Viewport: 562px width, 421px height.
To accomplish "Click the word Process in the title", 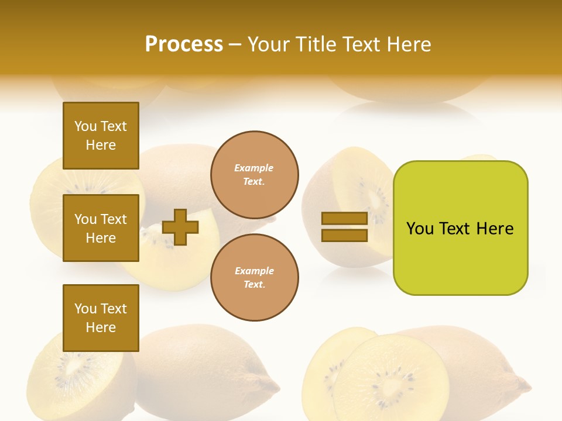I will (184, 44).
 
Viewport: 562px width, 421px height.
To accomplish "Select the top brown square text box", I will (101, 136).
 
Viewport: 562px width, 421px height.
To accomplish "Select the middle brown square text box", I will (101, 228).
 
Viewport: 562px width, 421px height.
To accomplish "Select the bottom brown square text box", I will (101, 318).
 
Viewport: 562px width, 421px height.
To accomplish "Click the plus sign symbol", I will (180, 227).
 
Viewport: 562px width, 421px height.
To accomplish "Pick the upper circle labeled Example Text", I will (254, 175).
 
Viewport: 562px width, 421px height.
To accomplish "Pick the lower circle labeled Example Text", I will (254, 278).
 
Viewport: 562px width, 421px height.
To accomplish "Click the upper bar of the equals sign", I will (344, 218).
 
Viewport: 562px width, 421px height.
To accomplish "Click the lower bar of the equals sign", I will (344, 235).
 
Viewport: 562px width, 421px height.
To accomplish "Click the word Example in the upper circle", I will (254, 168).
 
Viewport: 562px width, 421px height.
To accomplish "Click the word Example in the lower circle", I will (254, 271).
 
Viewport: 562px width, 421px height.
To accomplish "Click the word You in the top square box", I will (85, 126).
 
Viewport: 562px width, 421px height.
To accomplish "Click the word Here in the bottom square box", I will (101, 327).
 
